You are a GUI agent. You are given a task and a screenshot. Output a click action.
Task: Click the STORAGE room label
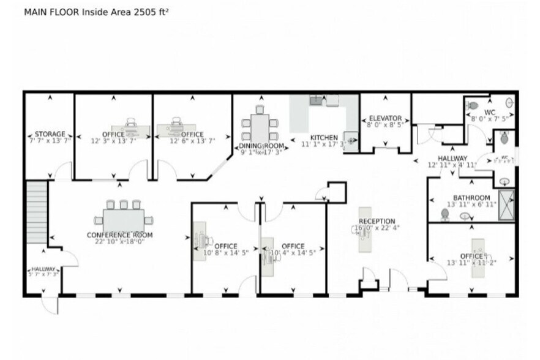point(50,134)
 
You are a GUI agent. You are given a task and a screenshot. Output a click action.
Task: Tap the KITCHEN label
point(324,137)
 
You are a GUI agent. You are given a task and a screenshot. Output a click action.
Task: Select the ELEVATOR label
point(385,118)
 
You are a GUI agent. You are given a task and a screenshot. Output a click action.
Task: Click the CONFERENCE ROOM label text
point(119,234)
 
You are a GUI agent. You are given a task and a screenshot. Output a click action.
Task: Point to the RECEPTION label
point(377,221)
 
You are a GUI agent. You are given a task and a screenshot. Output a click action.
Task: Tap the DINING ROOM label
point(261,146)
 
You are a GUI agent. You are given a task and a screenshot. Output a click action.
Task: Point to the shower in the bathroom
point(506,205)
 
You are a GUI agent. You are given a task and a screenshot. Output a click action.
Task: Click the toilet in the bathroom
point(445,214)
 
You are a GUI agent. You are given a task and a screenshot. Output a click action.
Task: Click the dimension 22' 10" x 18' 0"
point(119,242)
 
